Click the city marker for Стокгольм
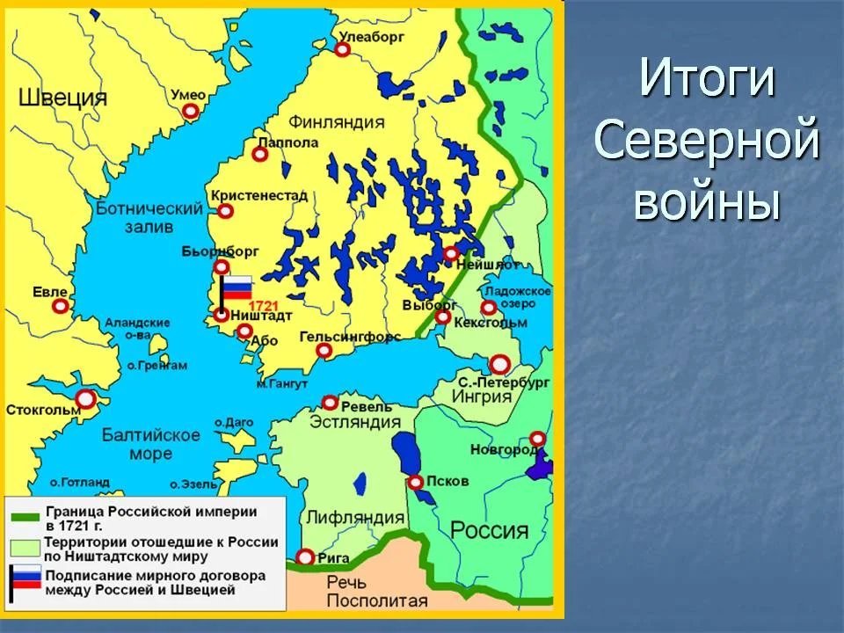pyautogui.click(x=85, y=400)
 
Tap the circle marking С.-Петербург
pyautogui.click(x=499, y=364)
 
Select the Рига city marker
pyautogui.click(x=305, y=557)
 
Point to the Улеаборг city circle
pyautogui.click(x=342, y=50)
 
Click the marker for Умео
pyautogui.click(x=190, y=111)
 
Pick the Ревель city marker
pyautogui.click(x=330, y=403)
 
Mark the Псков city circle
pyautogui.click(x=415, y=482)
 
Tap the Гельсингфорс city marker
pyautogui.click(x=324, y=351)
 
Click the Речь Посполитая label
pyautogui.click(x=376, y=592)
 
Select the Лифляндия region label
pyautogui.click(x=356, y=518)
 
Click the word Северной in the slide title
pyautogui.click(x=707, y=141)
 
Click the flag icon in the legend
pyautogui.click(x=24, y=581)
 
